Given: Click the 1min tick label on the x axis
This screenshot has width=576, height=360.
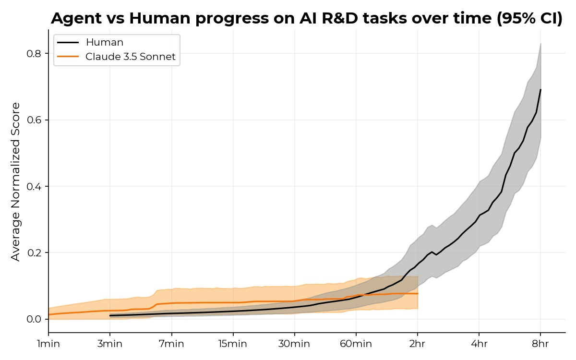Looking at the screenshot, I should (48, 344).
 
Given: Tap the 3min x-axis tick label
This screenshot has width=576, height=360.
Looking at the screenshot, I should (110, 344).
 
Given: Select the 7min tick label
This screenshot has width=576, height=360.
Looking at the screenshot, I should (171, 344).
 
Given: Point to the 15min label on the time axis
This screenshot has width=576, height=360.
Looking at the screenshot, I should (233, 344).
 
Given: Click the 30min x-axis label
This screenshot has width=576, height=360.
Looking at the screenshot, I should (294, 344).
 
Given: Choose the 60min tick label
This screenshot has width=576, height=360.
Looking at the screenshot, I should (356, 344).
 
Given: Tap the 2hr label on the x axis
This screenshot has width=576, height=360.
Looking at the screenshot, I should (418, 344).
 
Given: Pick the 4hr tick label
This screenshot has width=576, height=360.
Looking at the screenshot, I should (479, 344).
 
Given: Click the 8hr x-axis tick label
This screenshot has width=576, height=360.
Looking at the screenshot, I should (540, 344).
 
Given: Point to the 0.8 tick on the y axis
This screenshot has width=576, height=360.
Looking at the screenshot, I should (34, 53).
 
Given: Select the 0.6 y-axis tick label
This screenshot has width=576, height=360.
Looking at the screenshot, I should (34, 120).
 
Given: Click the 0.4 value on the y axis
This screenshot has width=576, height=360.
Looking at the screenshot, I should (34, 186).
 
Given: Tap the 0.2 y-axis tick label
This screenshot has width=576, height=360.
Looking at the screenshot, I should (34, 253).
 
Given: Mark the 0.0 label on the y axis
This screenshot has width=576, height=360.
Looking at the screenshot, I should (34, 319).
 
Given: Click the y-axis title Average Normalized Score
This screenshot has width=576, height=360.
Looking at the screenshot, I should (16, 181).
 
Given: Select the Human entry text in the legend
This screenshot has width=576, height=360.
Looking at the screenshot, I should (104, 42).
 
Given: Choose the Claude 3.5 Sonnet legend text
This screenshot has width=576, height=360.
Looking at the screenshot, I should (131, 57).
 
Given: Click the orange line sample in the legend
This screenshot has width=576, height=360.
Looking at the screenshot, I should (68, 57).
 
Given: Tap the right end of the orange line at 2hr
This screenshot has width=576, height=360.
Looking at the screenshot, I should (418, 293).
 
